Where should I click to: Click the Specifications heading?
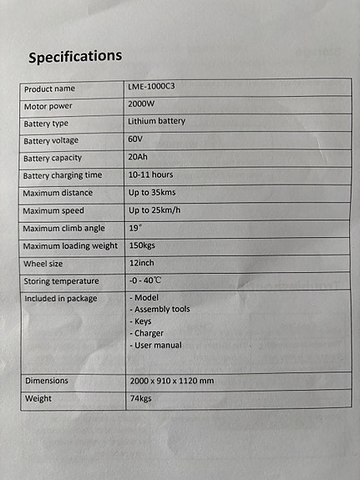tap(74, 57)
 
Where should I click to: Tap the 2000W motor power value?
tap(143, 104)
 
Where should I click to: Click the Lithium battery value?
tap(156, 121)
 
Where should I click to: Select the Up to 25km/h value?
tap(155, 210)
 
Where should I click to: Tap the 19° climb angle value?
tap(135, 227)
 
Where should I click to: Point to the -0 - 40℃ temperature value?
tap(150, 280)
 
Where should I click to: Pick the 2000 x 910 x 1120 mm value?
tap(171, 381)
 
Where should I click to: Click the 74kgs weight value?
tap(142, 398)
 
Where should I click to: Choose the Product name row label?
tap(49, 88)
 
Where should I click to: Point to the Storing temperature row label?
tap(61, 281)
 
